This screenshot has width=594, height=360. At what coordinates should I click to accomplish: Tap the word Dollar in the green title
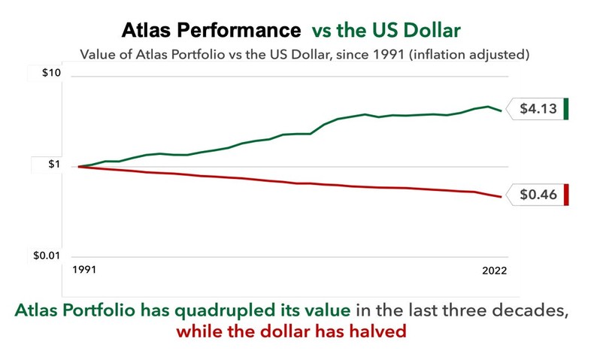[432, 31]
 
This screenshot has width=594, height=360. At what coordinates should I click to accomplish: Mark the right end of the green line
[501, 110]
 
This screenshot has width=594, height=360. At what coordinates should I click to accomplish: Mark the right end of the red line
[501, 197]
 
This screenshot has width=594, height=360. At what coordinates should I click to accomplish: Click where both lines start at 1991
[79, 166]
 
